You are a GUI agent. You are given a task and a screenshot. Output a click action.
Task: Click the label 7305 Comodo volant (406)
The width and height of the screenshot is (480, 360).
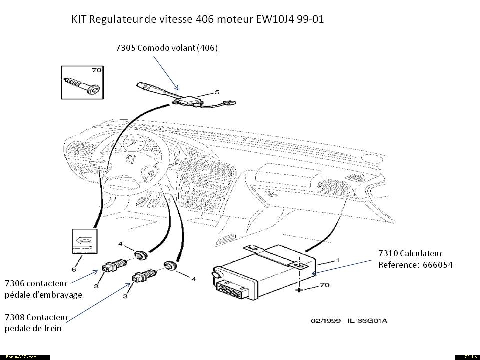click(167, 48)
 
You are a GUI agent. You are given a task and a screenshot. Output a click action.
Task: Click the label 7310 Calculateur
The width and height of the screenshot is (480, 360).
click(410, 253)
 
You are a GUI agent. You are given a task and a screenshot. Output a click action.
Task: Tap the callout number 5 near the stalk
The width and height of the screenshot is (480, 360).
click(217, 92)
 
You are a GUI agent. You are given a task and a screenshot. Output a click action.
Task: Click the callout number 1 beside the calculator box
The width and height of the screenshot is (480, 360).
click(337, 260)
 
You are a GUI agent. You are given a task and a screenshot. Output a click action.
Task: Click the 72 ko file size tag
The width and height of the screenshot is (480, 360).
click(467, 357)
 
